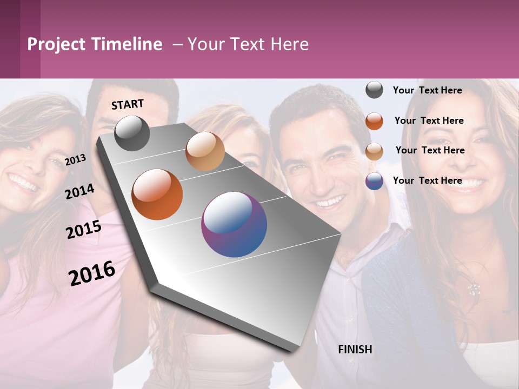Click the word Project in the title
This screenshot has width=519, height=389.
click(57, 45)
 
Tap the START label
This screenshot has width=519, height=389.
click(128, 104)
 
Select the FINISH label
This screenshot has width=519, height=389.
click(355, 350)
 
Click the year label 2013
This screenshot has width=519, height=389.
click(75, 159)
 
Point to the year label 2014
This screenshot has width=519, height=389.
click(79, 191)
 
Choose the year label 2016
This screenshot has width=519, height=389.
click(92, 273)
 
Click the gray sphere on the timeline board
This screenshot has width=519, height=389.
click(132, 133)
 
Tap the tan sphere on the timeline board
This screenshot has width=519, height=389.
click(205, 151)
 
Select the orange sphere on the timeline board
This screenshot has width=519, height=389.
click(157, 194)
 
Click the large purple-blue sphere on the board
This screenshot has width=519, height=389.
click(234, 224)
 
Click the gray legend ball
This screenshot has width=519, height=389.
click(374, 90)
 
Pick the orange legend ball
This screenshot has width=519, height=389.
click(374, 121)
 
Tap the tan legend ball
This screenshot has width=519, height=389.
click(374, 151)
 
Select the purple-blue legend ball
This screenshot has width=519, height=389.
click(374, 181)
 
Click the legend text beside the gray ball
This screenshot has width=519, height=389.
click(427, 90)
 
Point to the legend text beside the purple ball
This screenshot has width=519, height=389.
click(427, 180)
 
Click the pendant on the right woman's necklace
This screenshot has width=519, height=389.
click(474, 289)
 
